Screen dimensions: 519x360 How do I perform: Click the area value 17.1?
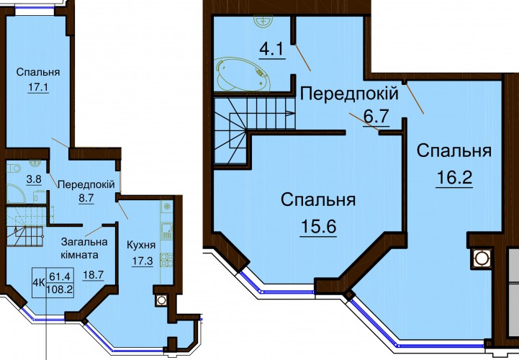coord(38,87)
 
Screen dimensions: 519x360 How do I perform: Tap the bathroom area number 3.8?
coord(34,179)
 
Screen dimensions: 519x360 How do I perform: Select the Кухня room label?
coord(141,246)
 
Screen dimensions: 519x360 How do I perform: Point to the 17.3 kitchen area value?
coord(143,261)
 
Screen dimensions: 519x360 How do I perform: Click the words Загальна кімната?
coord(84,248)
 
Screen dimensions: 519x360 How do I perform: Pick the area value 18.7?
coord(94,275)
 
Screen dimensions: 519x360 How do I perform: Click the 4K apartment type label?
coord(39,282)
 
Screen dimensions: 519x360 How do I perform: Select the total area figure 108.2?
coord(60,289)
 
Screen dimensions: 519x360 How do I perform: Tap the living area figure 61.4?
coord(60,276)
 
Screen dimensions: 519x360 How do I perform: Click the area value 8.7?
coord(86,198)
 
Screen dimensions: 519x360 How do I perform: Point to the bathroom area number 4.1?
coord(271,50)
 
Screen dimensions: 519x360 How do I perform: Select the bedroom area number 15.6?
coord(318,227)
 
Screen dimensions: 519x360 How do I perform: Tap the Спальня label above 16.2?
coord(454,151)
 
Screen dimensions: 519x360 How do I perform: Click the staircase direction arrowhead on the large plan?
coord(291,113)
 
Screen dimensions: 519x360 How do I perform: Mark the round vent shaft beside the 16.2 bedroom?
coord(480,258)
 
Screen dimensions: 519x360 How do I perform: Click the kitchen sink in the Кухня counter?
coord(166,231)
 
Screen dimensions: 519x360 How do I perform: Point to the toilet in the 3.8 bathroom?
coord(12,168)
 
